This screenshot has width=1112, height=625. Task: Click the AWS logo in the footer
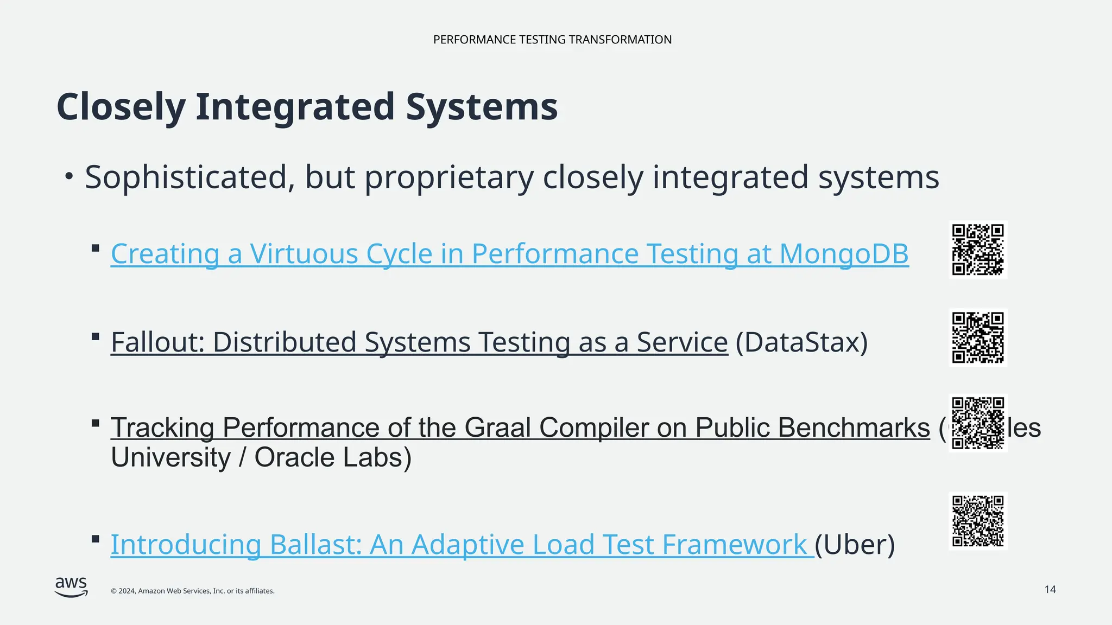[x=71, y=587]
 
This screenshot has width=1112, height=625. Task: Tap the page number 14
[x=1050, y=590]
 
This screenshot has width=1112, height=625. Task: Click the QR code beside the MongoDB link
[x=978, y=250]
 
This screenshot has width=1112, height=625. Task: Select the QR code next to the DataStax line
[x=978, y=337]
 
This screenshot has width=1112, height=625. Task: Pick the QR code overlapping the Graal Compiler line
[x=978, y=423]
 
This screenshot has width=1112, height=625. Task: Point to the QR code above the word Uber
[x=978, y=521]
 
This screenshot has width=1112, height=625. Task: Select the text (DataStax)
[x=801, y=342]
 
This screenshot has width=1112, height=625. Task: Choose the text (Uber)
[x=855, y=545]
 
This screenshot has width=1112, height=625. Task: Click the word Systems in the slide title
[x=482, y=106]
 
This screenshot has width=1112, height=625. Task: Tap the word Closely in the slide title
[x=121, y=106]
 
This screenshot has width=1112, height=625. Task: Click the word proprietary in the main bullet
[x=449, y=177]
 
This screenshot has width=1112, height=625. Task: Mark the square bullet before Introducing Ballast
[x=96, y=539]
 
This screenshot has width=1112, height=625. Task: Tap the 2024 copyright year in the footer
[x=127, y=591]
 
